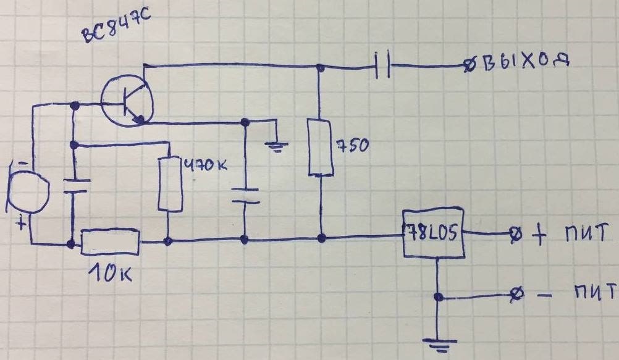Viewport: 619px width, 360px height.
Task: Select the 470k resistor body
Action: point(170,185)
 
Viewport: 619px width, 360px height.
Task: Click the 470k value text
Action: point(206,165)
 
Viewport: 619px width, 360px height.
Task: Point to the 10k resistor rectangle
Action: point(110,241)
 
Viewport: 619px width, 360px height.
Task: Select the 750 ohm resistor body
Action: point(320,147)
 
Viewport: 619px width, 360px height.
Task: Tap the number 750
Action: point(353,145)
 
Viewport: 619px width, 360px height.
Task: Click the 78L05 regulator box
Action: point(433,233)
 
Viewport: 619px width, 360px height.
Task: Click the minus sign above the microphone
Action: point(23,162)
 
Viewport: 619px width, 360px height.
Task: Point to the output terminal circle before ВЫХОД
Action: point(470,66)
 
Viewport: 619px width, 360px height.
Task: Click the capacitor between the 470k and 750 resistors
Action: point(245,196)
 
